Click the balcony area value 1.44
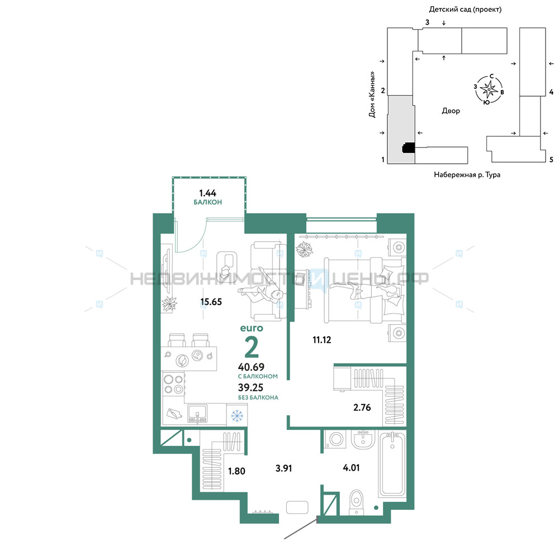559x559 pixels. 207,193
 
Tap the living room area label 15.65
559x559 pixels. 211,302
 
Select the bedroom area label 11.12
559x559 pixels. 322,340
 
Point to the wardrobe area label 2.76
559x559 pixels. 362,407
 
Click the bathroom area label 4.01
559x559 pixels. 351,468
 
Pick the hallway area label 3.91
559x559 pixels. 284,468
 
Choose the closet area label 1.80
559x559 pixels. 236,471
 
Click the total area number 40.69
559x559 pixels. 252,367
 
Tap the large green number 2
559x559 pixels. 252,347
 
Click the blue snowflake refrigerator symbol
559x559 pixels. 237,416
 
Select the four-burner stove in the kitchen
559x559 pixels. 174,384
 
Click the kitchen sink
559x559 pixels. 197,414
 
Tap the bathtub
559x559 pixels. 392,464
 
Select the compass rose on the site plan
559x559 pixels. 489,89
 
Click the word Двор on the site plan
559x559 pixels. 451,111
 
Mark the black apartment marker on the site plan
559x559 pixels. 409,148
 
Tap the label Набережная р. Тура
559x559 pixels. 467,174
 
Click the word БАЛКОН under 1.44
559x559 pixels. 208,202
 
